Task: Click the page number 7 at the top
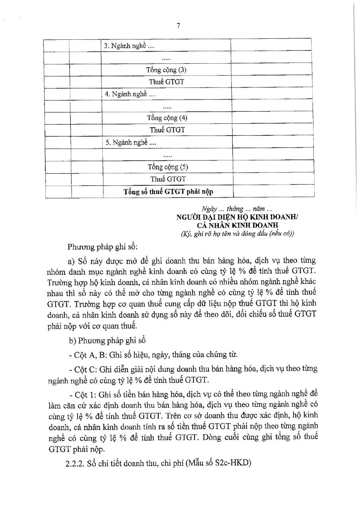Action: coord(178,26)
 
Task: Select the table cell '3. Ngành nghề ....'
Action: coord(129,46)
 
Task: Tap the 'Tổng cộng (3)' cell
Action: coord(166,70)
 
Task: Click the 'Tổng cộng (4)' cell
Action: coord(167,118)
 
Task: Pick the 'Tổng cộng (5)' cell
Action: coord(168,167)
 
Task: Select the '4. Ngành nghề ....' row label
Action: coord(130,94)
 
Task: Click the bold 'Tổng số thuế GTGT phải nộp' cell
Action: coord(168,192)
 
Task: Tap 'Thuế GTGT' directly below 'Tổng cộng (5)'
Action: coord(168,179)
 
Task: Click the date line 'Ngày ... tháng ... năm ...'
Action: coord(237,209)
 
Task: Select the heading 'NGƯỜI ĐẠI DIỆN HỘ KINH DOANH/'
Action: coord(237,218)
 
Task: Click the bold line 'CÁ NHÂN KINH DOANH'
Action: coord(237,225)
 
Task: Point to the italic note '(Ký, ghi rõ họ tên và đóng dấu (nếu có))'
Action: coord(237,234)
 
